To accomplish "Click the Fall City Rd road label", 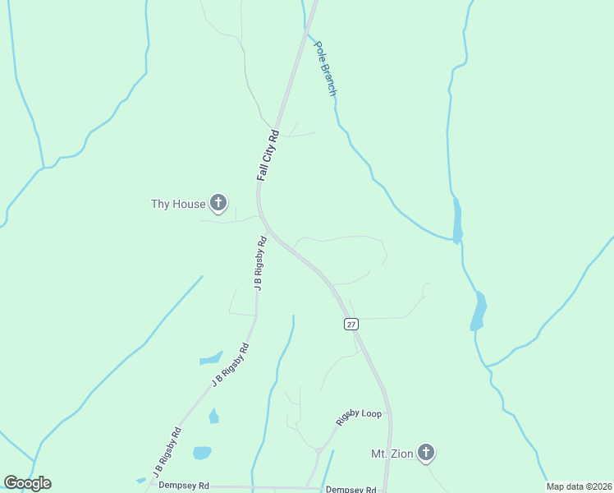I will [x=268, y=155].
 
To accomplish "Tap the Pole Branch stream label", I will [x=326, y=70].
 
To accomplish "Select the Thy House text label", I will [x=177, y=204].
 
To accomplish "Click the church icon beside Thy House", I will [x=218, y=202].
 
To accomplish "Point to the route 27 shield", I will [x=351, y=325].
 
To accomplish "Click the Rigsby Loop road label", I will [x=359, y=417].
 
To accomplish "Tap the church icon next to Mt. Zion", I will [x=425, y=452].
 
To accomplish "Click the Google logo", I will [x=27, y=483].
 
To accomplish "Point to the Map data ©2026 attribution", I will [x=578, y=486].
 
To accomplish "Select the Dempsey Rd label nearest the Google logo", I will [x=184, y=486].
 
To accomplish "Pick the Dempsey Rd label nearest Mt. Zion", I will [x=351, y=489].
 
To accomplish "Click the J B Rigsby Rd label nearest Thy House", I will [x=260, y=265].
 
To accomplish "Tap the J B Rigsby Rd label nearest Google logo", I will [x=167, y=453].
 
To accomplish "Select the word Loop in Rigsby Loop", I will [x=371, y=413].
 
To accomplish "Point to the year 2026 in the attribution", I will [x=601, y=486].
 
